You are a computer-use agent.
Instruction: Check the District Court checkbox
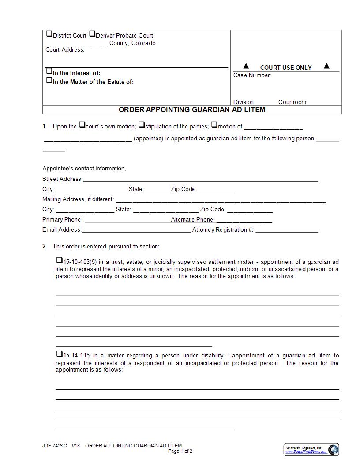tap(49, 34)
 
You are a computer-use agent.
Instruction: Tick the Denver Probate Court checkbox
tap(92, 34)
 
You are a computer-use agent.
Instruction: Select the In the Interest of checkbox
tap(49, 71)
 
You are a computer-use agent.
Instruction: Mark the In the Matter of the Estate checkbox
tap(49, 80)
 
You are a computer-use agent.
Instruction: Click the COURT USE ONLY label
tap(286, 68)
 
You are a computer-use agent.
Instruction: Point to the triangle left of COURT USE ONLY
tap(246, 66)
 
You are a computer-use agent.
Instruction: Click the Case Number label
tap(252, 75)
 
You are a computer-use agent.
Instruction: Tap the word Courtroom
tap(292, 102)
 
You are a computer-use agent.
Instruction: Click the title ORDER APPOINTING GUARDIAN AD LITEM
tap(192, 109)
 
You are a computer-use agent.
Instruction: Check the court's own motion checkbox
tap(82, 125)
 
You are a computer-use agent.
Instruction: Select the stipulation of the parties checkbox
tap(142, 125)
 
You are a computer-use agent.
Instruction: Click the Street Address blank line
tap(200, 180)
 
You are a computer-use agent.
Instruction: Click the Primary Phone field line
tap(127, 220)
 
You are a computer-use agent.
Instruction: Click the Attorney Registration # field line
tap(286, 230)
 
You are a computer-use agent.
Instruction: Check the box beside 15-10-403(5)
tap(59, 260)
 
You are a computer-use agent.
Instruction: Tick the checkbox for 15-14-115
tap(59, 354)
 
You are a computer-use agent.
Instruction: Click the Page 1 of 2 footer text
tap(180, 451)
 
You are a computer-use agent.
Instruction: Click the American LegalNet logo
tap(311, 450)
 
